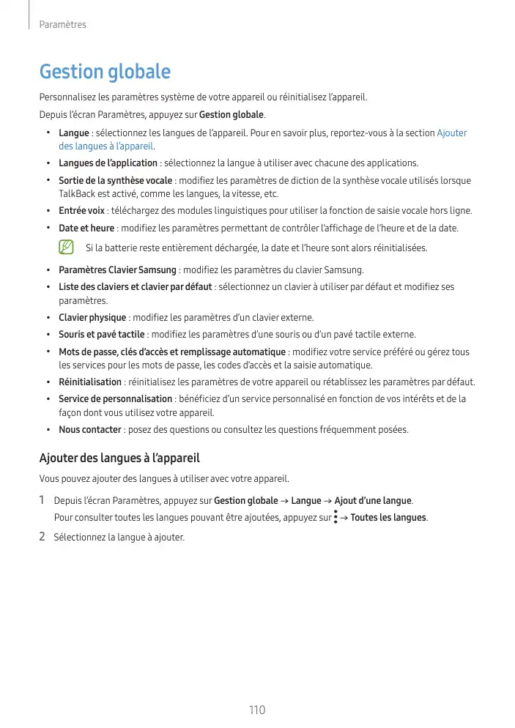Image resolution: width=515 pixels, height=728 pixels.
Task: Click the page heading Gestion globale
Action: (105, 73)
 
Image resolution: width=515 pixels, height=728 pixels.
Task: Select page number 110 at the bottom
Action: (256, 710)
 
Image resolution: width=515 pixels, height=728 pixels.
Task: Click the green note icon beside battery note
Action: (67, 248)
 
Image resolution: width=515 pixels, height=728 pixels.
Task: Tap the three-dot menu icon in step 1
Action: (335, 518)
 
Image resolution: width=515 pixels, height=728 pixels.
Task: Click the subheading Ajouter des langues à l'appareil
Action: (119, 458)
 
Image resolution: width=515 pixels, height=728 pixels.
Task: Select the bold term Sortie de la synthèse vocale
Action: (115, 181)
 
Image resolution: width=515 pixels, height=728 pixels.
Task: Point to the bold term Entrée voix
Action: (81, 211)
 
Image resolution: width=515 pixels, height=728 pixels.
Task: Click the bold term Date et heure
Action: (86, 228)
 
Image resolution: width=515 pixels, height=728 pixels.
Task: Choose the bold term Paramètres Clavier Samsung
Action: (117, 270)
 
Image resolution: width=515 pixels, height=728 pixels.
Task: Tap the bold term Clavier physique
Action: (92, 318)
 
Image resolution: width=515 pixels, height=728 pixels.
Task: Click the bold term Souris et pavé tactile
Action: (101, 335)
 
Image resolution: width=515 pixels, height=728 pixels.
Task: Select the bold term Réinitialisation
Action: (90, 382)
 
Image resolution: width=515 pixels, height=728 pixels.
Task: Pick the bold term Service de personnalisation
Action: (115, 399)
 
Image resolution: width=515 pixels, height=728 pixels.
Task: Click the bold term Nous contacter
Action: (90, 430)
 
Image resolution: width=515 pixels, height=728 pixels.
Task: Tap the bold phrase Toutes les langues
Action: (388, 518)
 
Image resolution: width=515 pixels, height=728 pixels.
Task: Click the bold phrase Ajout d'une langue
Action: (373, 501)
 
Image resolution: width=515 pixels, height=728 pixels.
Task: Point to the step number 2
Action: (42, 537)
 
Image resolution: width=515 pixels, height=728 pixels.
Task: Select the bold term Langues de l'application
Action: (108, 163)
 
